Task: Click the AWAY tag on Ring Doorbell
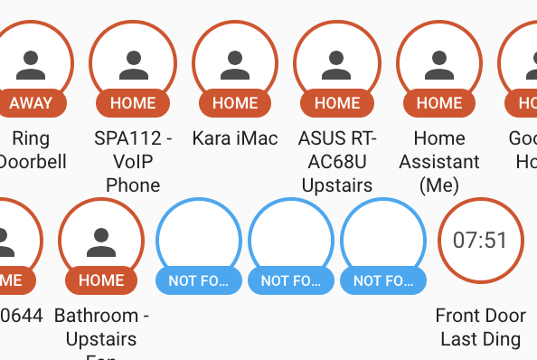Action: [x=31, y=103]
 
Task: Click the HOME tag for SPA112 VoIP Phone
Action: [x=133, y=103]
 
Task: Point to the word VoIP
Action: [x=133, y=162]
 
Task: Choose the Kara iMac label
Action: [x=235, y=138]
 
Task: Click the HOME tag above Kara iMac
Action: [x=235, y=103]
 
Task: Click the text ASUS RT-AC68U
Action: [x=337, y=150]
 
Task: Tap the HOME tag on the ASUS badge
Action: [x=337, y=103]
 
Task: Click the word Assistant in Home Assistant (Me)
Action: [x=439, y=162]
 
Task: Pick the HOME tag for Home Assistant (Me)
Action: [x=439, y=103]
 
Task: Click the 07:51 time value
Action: [x=480, y=241]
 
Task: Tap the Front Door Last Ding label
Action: [x=480, y=327]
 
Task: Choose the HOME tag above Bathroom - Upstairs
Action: [x=101, y=280]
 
